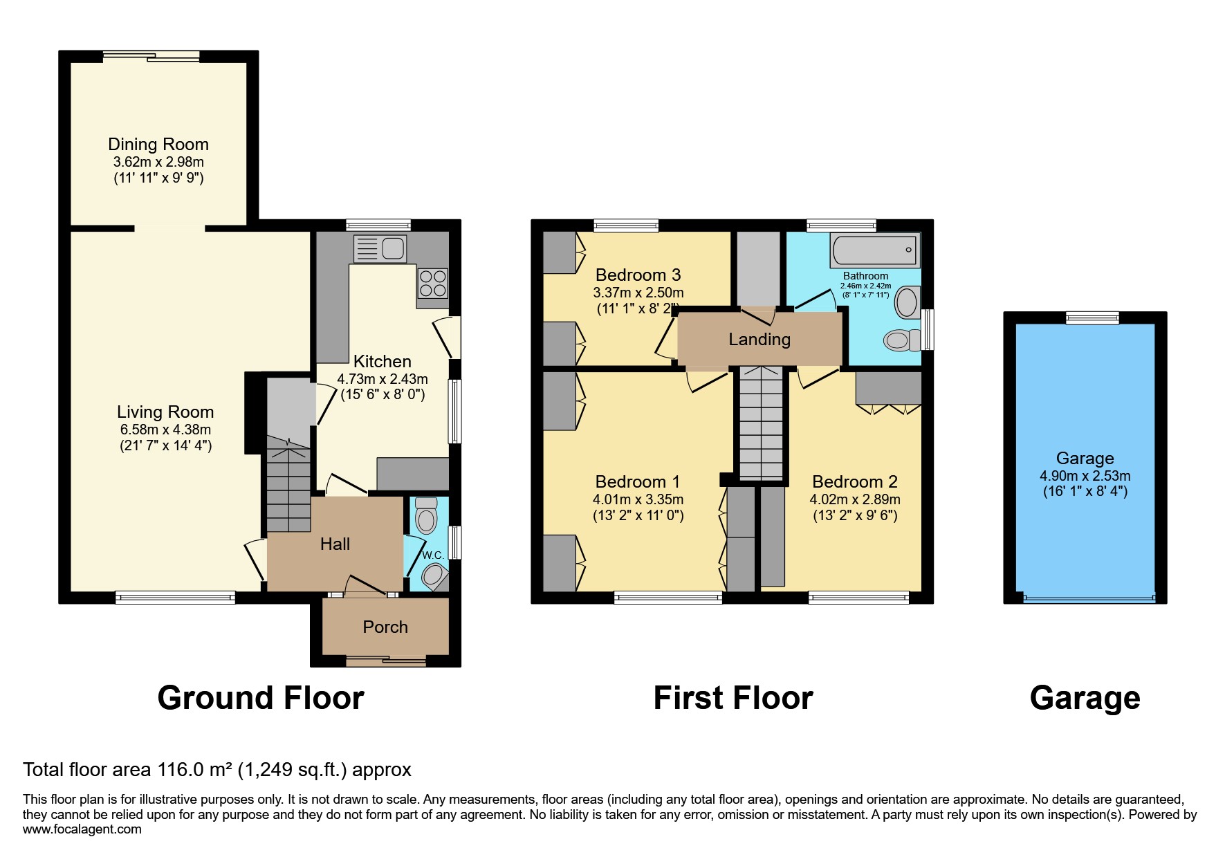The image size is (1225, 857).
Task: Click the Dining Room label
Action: pos(158,144)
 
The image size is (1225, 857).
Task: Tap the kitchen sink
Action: pos(379,248)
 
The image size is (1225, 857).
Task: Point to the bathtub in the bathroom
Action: pos(875,250)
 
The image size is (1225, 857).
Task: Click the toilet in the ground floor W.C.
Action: pos(426,517)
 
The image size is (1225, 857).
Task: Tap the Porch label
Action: pos(385,627)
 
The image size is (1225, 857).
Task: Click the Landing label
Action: pos(759,339)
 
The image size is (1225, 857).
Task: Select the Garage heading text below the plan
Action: pos(1085,698)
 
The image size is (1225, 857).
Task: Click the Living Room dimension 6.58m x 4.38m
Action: pos(165,430)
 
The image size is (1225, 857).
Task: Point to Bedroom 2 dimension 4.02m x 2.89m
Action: pos(855,499)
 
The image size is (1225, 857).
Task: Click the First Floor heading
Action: pos(733,698)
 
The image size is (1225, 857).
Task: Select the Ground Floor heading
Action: pos(261,698)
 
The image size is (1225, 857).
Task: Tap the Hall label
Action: pos(335,544)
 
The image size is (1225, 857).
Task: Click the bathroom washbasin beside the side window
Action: pos(906,303)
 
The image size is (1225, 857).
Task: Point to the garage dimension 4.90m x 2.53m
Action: pos(1085,476)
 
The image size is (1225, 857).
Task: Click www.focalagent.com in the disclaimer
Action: pos(82,829)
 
